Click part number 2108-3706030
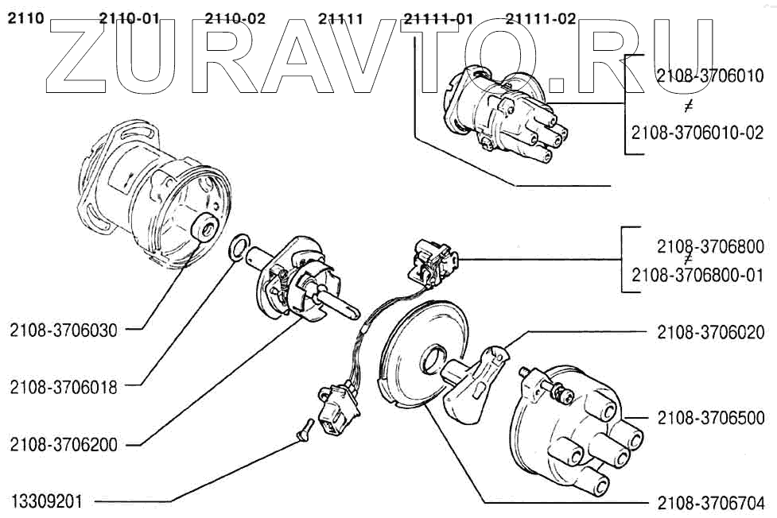coord(64,331)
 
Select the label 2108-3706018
coord(64,388)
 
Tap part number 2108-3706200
coord(64,445)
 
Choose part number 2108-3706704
coord(711,502)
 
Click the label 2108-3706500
coord(711,418)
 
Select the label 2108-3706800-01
coord(697,275)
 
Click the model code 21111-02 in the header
coord(541,19)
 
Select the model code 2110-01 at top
coord(130,19)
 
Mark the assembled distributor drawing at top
coord(502,111)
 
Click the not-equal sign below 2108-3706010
coord(688,107)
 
